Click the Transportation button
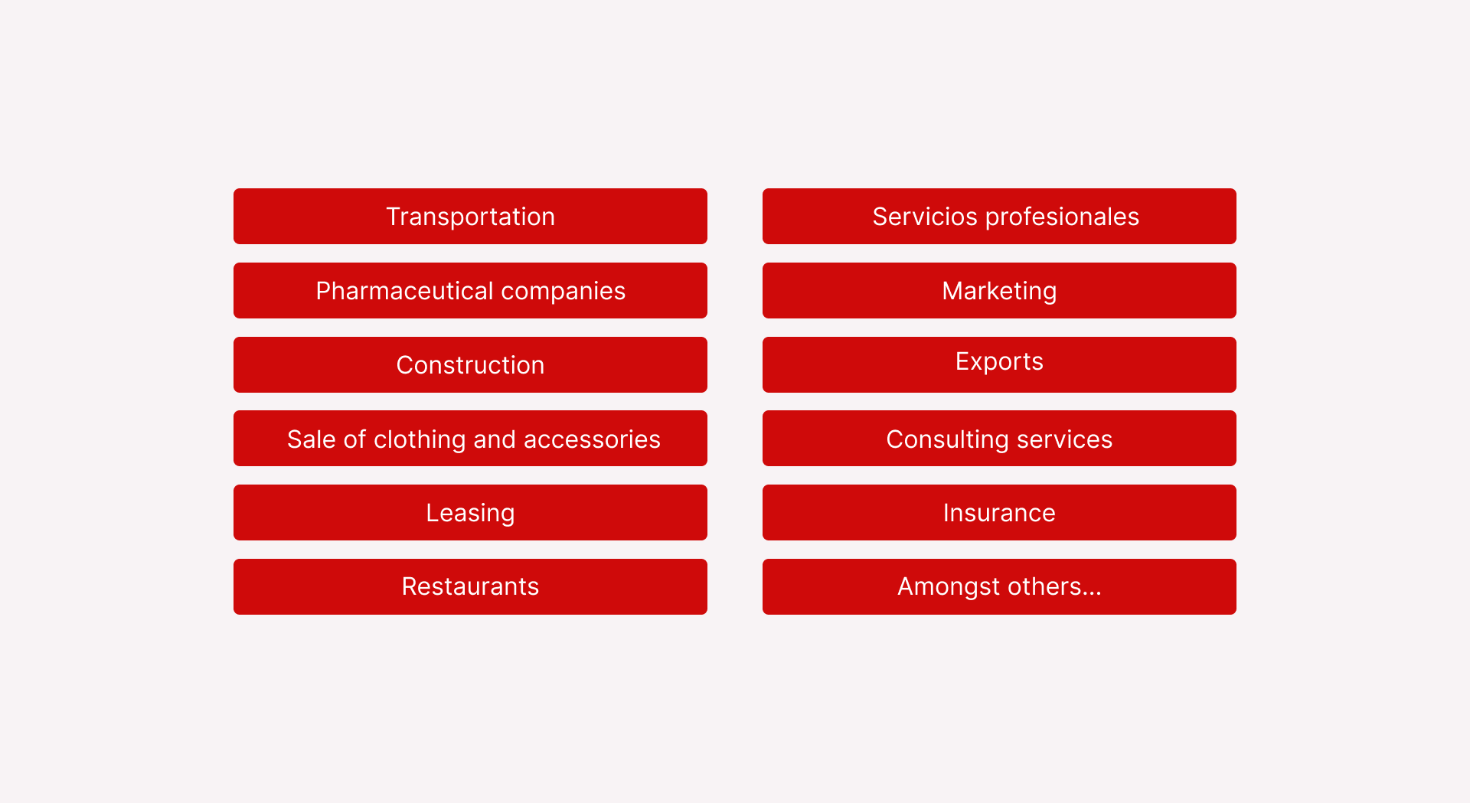click(x=470, y=217)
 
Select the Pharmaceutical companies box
click(x=470, y=291)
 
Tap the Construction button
click(x=470, y=364)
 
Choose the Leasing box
click(x=470, y=513)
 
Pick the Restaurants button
click(x=470, y=587)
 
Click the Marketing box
click(x=999, y=291)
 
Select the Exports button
click(x=999, y=364)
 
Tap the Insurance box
click(x=999, y=513)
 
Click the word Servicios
click(x=925, y=217)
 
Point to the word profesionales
click(x=1062, y=217)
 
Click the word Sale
click(x=312, y=439)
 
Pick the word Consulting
click(x=947, y=440)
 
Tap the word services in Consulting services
click(x=1064, y=440)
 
